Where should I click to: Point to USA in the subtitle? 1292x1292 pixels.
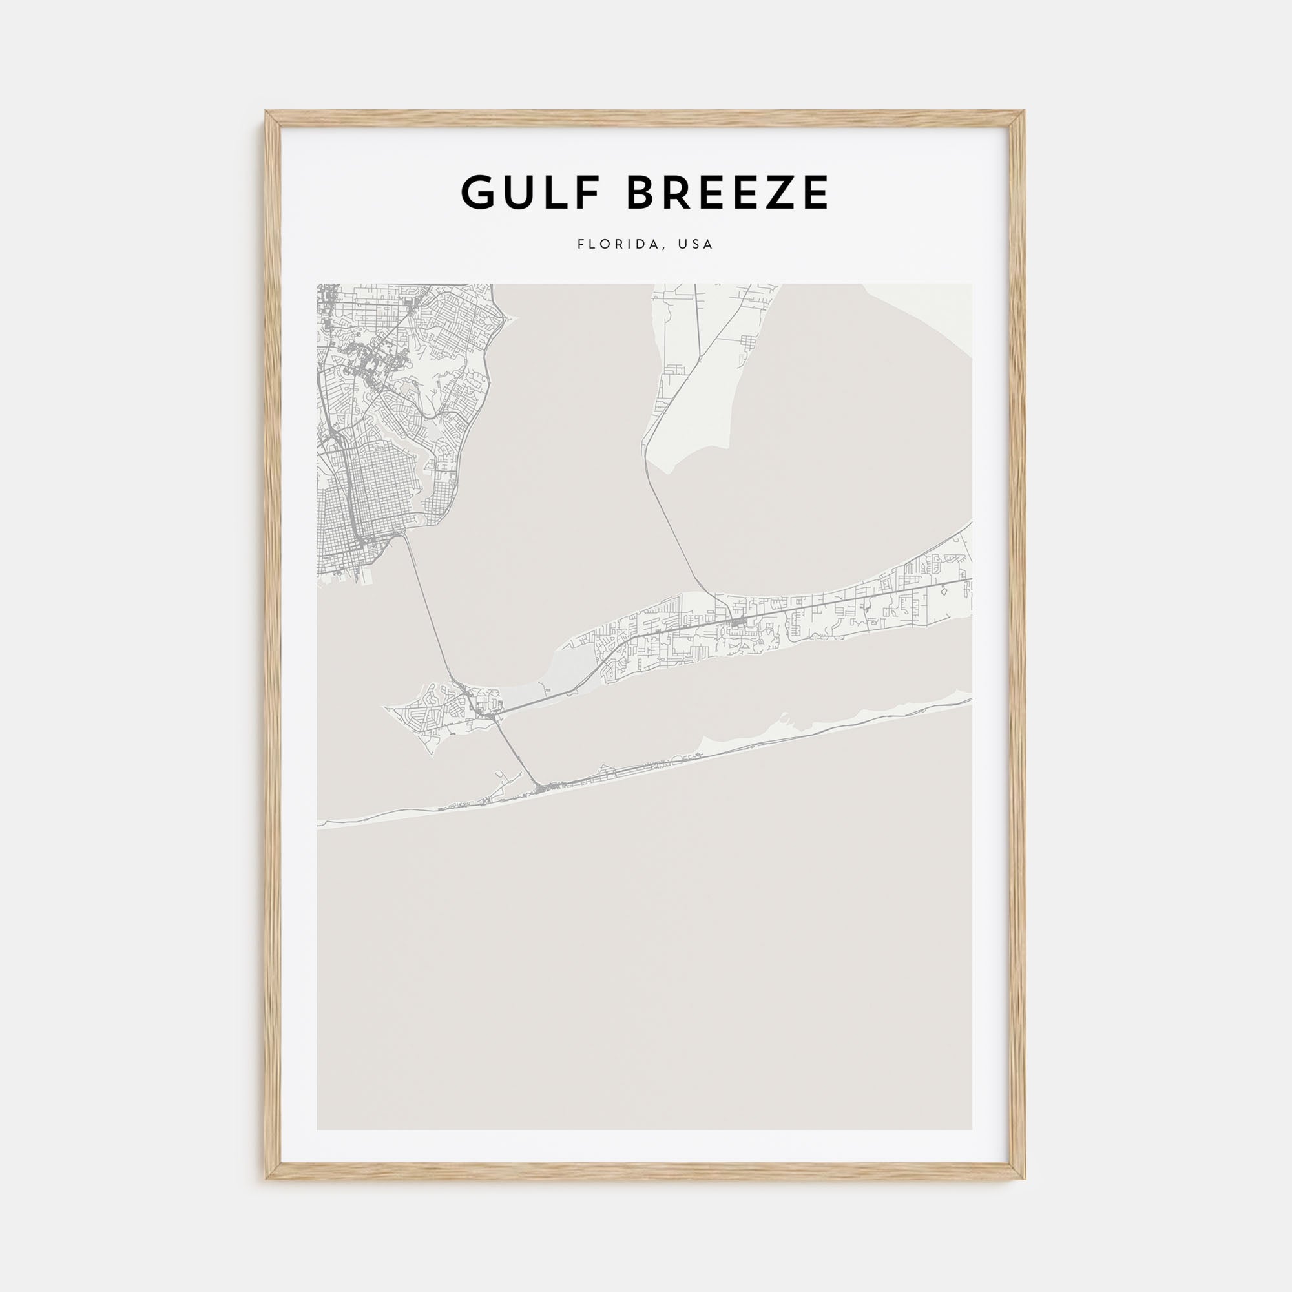point(696,245)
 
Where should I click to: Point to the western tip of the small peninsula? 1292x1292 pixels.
point(385,707)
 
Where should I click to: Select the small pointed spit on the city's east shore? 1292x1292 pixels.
point(512,320)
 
